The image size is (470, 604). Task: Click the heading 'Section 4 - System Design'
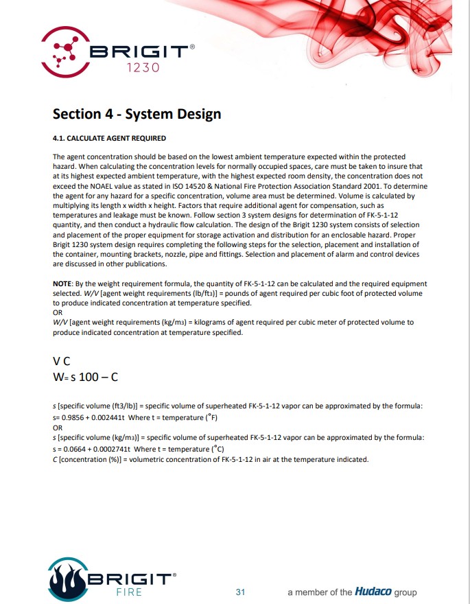tap(137, 113)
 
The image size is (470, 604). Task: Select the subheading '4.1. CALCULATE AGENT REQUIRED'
tap(109, 139)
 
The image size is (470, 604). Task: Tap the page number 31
tap(240, 592)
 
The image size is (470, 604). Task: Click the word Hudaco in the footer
tap(373, 592)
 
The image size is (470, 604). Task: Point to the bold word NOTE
tap(62, 283)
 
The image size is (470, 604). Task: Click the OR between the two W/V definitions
tap(58, 312)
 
